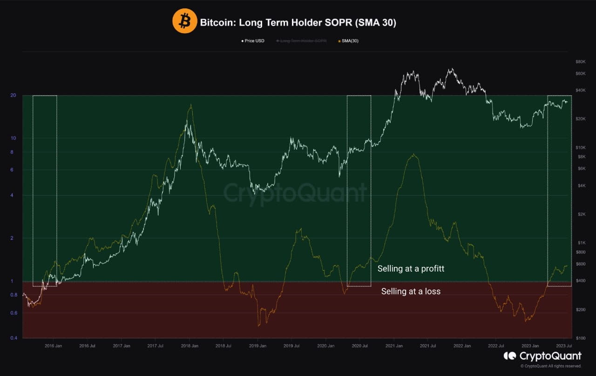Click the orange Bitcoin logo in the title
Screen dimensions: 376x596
[x=185, y=21]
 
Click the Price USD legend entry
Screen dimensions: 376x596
[x=253, y=41]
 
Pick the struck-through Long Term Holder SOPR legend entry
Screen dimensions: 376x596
[x=301, y=41]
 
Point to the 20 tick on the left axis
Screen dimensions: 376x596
[x=13, y=95]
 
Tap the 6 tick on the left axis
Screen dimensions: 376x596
[x=12, y=170]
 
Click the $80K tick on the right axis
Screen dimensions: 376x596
[x=580, y=62]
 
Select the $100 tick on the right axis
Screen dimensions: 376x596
[x=580, y=338]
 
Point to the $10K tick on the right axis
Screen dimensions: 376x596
[x=580, y=147]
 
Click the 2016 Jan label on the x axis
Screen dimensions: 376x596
[x=53, y=346]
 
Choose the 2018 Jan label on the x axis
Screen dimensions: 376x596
[x=189, y=346]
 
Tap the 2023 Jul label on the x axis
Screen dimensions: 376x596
[x=563, y=346]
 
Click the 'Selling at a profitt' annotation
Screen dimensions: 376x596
[x=411, y=269]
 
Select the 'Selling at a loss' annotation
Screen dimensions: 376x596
[x=411, y=292]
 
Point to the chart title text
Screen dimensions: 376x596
[x=298, y=22]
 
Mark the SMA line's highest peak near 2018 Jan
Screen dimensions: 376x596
[x=190, y=105]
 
